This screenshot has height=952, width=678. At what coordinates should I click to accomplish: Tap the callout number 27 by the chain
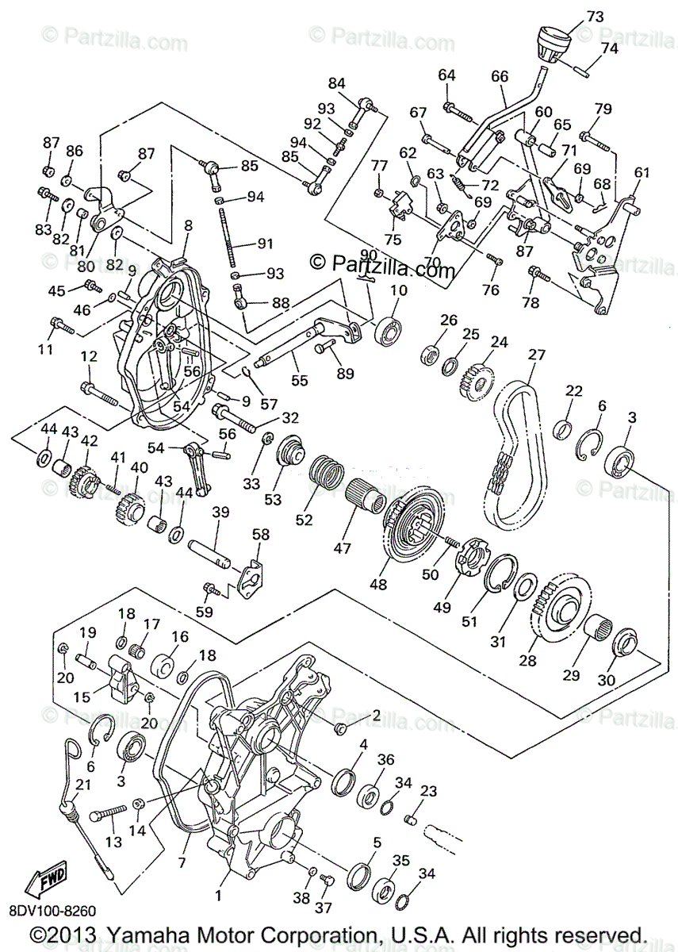(x=537, y=355)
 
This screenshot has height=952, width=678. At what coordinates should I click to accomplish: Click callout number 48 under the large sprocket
(x=377, y=584)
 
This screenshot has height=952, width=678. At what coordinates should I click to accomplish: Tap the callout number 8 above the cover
(x=188, y=225)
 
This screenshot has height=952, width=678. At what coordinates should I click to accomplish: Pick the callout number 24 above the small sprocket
(x=498, y=342)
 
